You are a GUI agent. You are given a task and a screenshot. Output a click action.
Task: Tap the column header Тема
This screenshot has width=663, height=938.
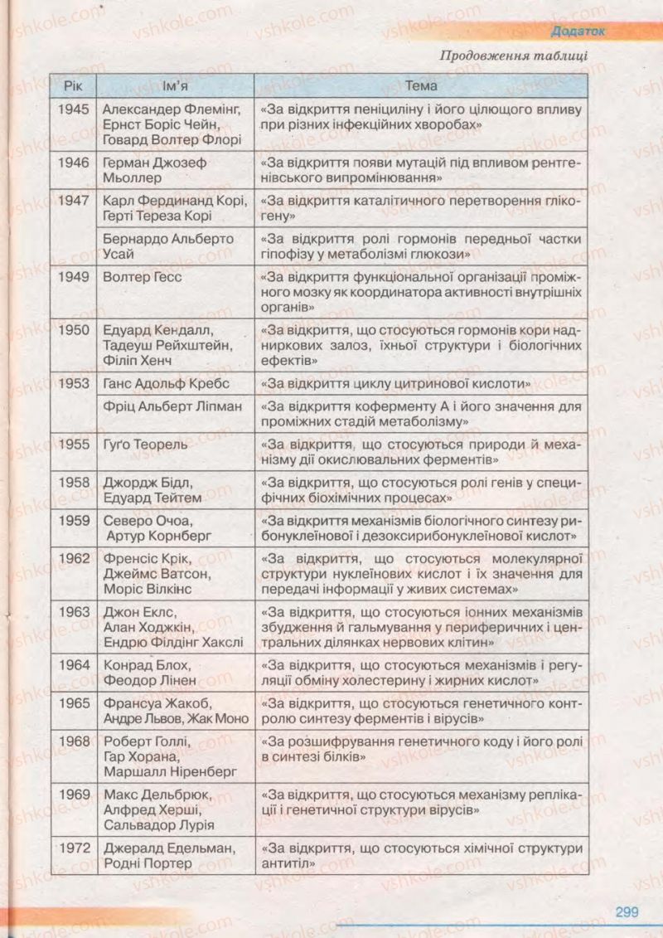click(421, 85)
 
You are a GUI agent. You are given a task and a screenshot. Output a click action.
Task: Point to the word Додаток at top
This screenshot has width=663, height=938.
click(578, 31)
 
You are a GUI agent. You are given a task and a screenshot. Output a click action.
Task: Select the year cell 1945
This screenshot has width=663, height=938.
click(75, 109)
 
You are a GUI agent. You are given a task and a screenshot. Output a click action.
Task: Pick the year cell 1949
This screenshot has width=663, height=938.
click(75, 276)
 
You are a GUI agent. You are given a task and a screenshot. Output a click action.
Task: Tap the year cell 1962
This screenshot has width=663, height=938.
click(75, 557)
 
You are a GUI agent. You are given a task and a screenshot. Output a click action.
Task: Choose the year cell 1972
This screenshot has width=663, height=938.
click(75, 848)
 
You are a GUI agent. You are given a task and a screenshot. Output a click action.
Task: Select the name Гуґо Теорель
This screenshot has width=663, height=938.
click(146, 444)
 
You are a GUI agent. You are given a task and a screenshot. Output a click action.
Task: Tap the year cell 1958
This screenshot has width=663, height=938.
click(75, 482)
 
